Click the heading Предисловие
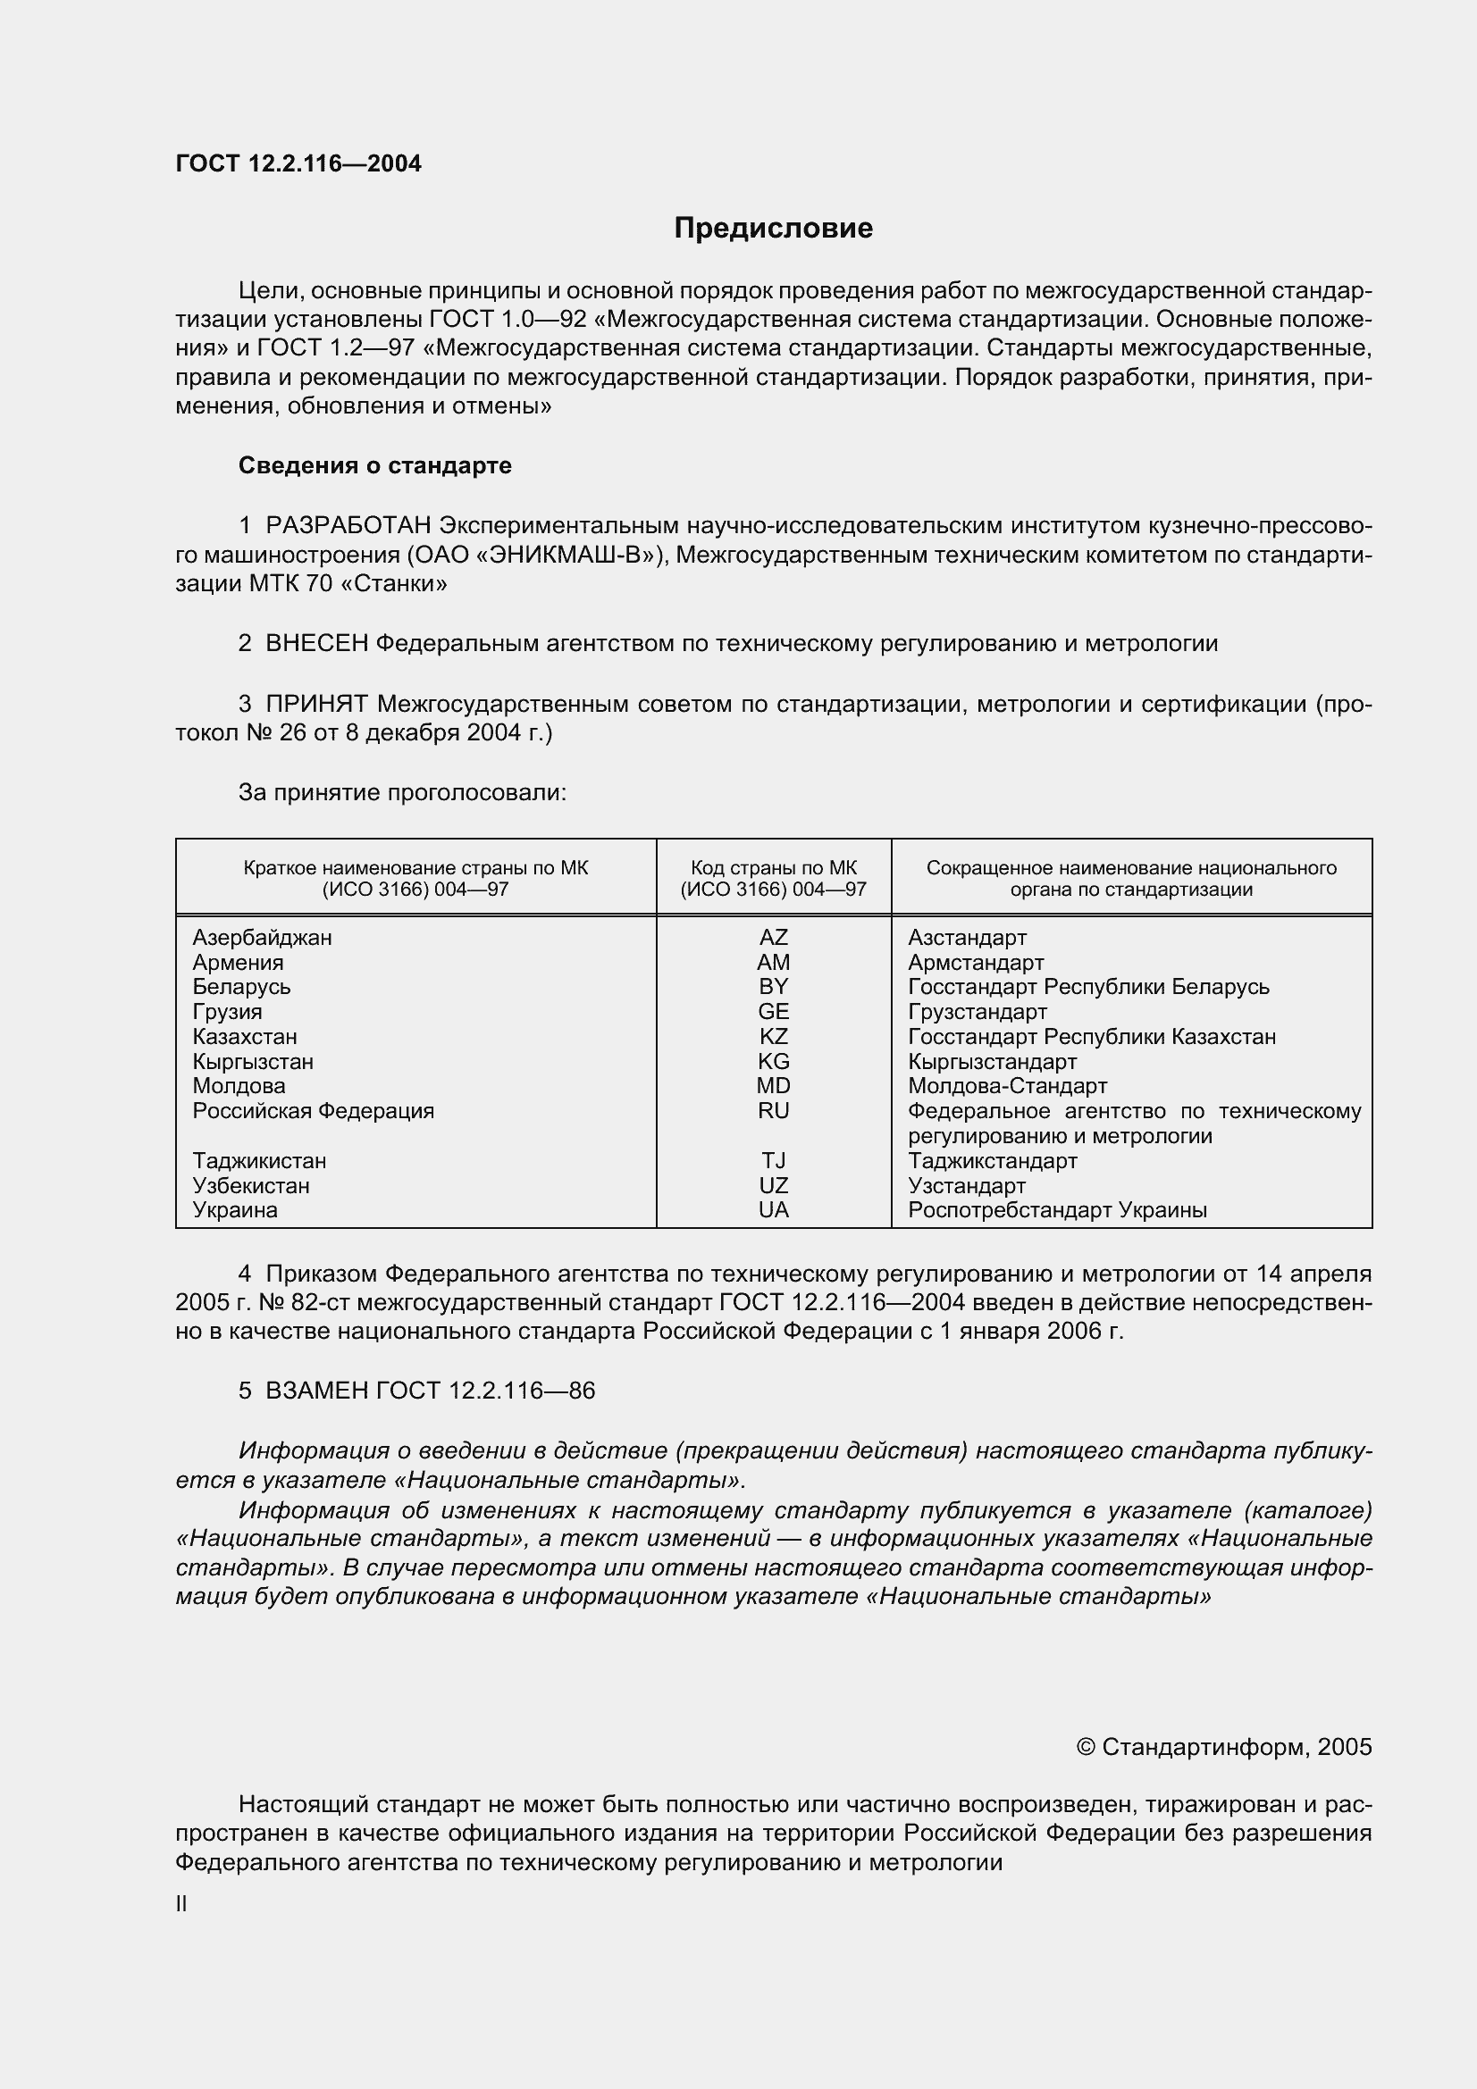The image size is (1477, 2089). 773,228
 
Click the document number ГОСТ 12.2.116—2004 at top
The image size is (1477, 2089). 298,163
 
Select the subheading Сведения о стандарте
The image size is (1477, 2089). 375,465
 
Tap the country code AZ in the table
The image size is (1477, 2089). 773,937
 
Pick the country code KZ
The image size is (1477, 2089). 773,1036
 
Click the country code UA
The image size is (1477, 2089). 773,1210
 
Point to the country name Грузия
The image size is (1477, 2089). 228,1012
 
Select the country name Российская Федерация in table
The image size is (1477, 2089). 313,1111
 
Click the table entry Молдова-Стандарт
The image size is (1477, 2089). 1007,1086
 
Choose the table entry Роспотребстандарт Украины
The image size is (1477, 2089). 1057,1210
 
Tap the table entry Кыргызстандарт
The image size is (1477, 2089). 992,1062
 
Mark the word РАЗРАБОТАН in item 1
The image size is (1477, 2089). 348,525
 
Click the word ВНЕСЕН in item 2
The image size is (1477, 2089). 316,643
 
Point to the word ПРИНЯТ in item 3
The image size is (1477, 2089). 316,703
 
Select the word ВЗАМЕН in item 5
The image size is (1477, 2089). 316,1391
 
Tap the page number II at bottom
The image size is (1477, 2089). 181,1904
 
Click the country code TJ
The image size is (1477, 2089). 773,1161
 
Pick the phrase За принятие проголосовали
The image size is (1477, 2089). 402,792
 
